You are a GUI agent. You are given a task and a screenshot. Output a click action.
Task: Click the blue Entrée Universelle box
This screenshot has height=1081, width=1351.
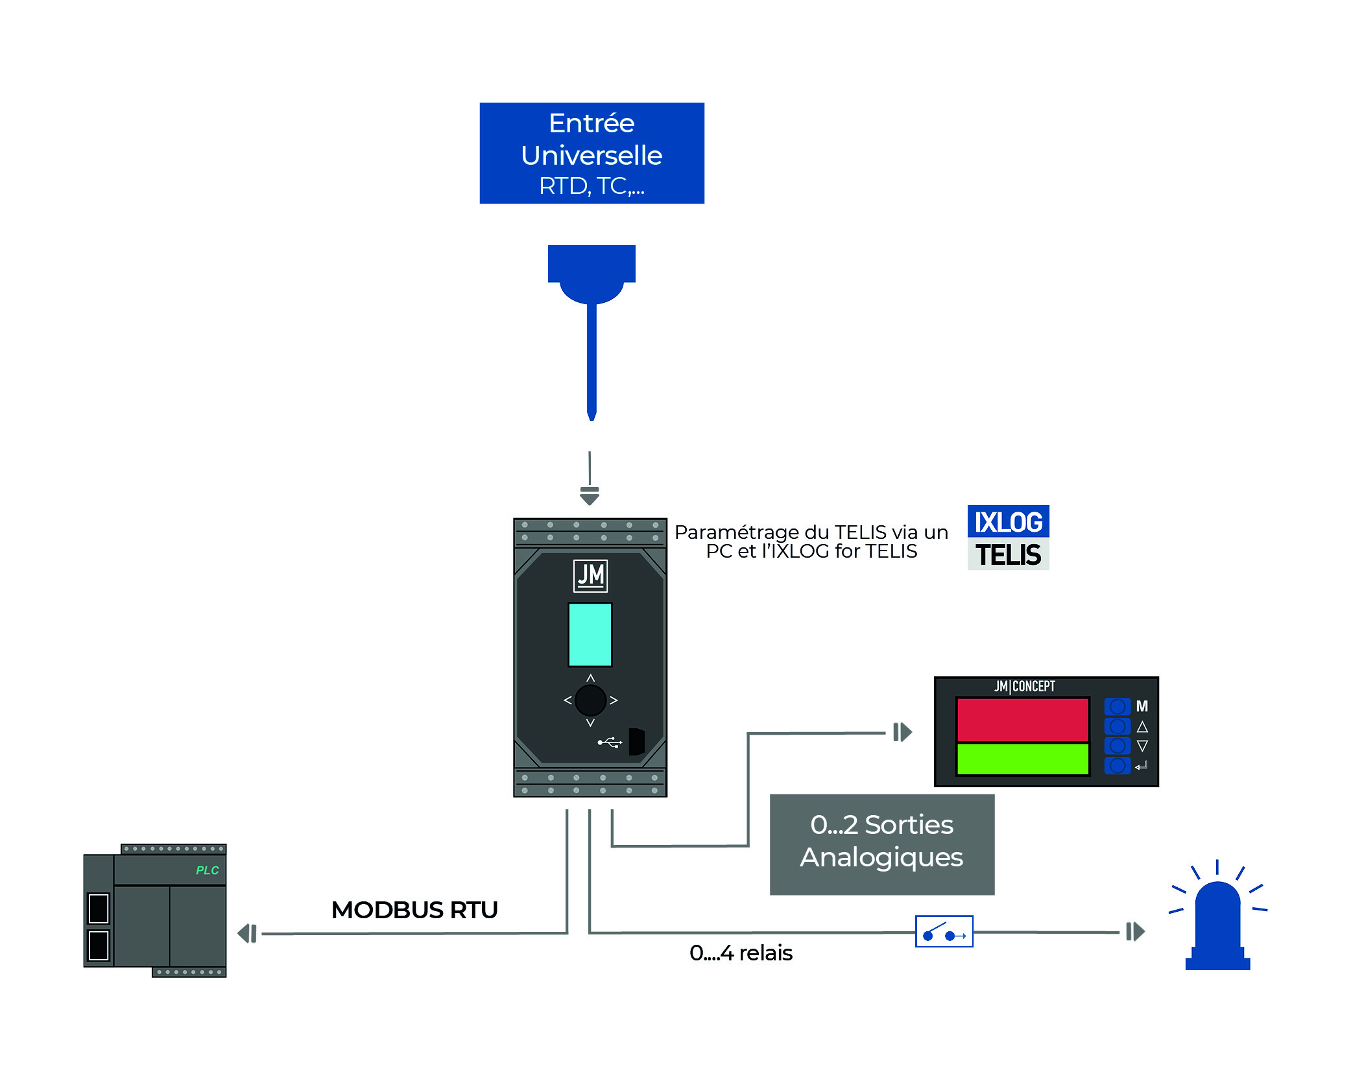click(592, 153)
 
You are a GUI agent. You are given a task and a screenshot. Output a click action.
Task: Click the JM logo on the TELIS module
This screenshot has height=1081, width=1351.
click(590, 575)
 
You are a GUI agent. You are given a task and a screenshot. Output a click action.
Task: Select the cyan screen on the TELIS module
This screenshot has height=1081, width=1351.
click(590, 634)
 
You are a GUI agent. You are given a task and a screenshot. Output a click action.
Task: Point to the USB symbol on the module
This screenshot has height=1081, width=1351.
click(610, 742)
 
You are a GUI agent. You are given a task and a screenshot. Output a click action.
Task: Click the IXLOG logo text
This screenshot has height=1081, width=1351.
click(1008, 522)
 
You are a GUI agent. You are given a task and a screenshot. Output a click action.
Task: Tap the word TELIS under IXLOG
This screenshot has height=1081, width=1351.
click(1008, 555)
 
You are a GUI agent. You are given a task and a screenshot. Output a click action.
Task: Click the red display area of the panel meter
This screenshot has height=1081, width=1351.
click(1022, 719)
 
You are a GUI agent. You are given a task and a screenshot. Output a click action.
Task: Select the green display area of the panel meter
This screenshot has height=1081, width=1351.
click(1022, 758)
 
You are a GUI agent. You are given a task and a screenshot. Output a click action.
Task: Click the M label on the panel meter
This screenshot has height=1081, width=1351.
click(1142, 706)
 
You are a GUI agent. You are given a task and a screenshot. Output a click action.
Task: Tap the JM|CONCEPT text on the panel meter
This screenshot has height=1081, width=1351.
click(1025, 686)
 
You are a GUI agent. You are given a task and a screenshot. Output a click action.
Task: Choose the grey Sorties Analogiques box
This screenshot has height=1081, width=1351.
click(881, 844)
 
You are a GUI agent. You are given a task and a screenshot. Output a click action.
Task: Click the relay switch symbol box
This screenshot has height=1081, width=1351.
click(944, 931)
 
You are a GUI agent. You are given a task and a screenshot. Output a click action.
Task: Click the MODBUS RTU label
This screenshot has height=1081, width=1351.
click(414, 910)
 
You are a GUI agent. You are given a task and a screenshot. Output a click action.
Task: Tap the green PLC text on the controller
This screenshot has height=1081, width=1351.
click(208, 870)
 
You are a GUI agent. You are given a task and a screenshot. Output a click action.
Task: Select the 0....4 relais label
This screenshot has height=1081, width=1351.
click(741, 953)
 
